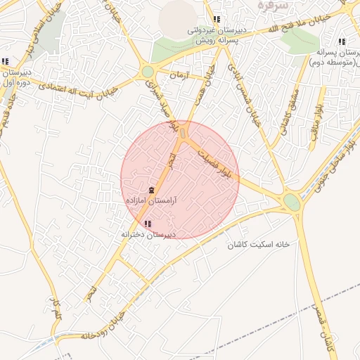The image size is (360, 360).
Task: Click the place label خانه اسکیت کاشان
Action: click(x=258, y=245)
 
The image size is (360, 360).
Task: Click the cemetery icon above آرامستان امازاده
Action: click(x=151, y=191)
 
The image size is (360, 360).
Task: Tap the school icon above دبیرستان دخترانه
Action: click(x=147, y=224)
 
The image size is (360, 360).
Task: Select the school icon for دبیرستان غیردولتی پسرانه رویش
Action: click(x=217, y=20)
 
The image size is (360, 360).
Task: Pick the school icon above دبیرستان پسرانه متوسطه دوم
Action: click(x=342, y=41)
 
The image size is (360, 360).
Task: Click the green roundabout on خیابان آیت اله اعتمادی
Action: click(x=147, y=72)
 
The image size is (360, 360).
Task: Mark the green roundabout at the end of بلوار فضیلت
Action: click(x=292, y=202)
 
